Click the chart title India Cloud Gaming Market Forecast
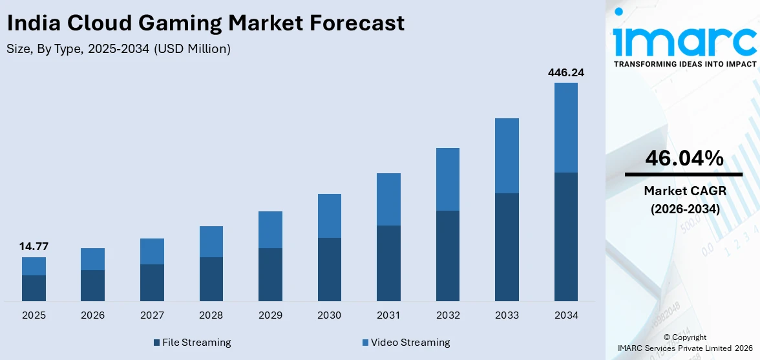pyautogui.click(x=206, y=23)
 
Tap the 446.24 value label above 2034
pyautogui.click(x=565, y=72)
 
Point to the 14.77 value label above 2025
pyautogui.click(x=34, y=246)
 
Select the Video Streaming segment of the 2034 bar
pyautogui.click(x=565, y=127)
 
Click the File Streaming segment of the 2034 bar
pyautogui.click(x=565, y=237)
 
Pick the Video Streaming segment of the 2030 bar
pyautogui.click(x=330, y=216)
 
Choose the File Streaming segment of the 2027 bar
pyautogui.click(x=152, y=282)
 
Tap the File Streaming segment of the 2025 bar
pyautogui.click(x=34, y=288)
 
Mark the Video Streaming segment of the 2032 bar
pyautogui.click(x=448, y=179)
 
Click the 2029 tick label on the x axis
pyautogui.click(x=270, y=315)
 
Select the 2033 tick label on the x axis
pyautogui.click(x=507, y=315)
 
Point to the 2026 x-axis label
pyautogui.click(x=92, y=315)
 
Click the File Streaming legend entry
pyautogui.click(x=192, y=342)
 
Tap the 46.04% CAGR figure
pyautogui.click(x=684, y=158)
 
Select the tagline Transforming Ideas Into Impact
pyautogui.click(x=684, y=64)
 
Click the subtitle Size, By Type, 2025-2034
pyautogui.click(x=118, y=48)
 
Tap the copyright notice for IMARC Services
pyautogui.click(x=684, y=343)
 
